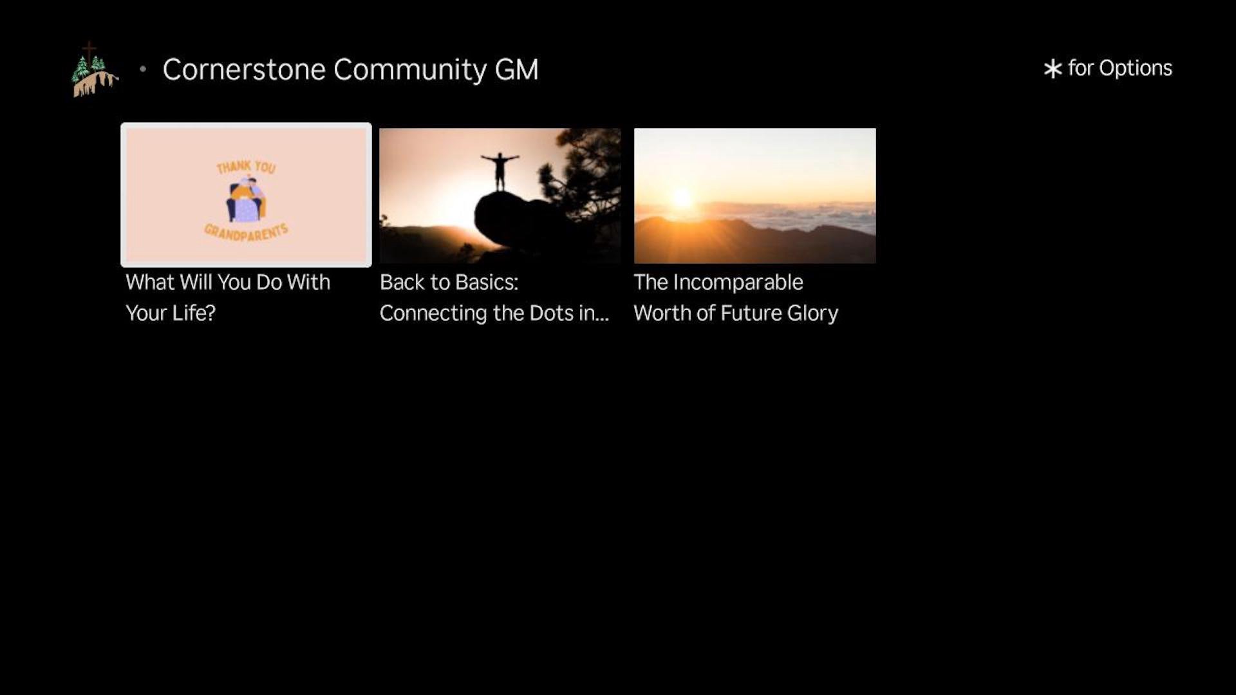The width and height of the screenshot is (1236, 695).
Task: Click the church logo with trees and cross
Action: (x=95, y=69)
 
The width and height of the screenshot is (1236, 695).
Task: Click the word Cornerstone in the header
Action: (x=244, y=69)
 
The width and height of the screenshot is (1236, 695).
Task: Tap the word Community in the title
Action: (x=410, y=70)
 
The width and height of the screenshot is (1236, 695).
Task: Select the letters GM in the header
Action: (x=516, y=69)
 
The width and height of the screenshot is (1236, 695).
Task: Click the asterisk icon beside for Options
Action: (x=1053, y=69)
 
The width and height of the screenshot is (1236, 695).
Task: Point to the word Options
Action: (x=1136, y=68)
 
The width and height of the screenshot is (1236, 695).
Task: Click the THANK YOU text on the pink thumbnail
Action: (x=246, y=167)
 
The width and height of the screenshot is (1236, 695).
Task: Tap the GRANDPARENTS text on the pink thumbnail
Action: (x=246, y=232)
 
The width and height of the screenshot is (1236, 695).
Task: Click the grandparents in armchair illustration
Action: (x=245, y=199)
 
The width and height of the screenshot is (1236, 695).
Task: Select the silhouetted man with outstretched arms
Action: (x=500, y=171)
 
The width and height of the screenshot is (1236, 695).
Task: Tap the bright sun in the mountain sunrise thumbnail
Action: (x=682, y=198)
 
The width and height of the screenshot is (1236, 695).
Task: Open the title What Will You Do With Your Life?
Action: (x=228, y=297)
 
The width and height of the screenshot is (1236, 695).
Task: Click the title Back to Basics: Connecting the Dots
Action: (x=494, y=297)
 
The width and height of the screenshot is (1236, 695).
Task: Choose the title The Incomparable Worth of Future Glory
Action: (x=736, y=297)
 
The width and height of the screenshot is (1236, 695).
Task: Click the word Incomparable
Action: (x=738, y=283)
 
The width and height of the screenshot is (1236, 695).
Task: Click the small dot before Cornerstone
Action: (x=143, y=69)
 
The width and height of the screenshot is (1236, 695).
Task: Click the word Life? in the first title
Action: (x=193, y=313)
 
